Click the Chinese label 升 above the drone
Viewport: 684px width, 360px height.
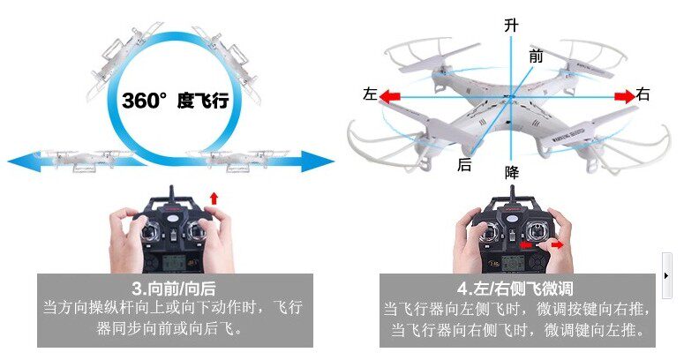(x=510, y=26)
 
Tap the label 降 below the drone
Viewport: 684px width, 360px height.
(x=511, y=172)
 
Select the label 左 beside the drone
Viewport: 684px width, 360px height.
(x=370, y=94)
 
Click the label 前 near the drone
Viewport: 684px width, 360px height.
(x=536, y=56)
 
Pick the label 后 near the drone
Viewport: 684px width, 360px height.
(x=464, y=164)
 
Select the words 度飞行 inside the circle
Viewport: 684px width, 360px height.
(x=203, y=101)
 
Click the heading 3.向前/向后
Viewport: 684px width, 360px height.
(x=173, y=289)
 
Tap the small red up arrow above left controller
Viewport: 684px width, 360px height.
(x=213, y=193)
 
